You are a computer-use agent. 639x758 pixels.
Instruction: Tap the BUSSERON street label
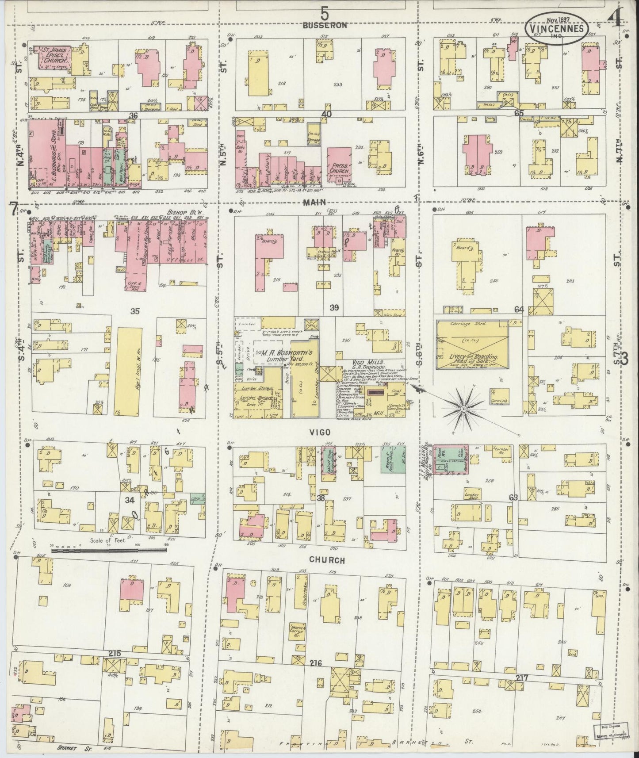(325, 25)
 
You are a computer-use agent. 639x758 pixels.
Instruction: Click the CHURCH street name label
(327, 560)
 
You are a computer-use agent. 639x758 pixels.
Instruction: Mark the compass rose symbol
(463, 410)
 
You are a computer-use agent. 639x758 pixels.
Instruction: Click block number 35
(135, 311)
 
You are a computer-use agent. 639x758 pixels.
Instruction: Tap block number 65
(519, 113)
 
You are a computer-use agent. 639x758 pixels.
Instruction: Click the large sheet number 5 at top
(325, 14)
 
